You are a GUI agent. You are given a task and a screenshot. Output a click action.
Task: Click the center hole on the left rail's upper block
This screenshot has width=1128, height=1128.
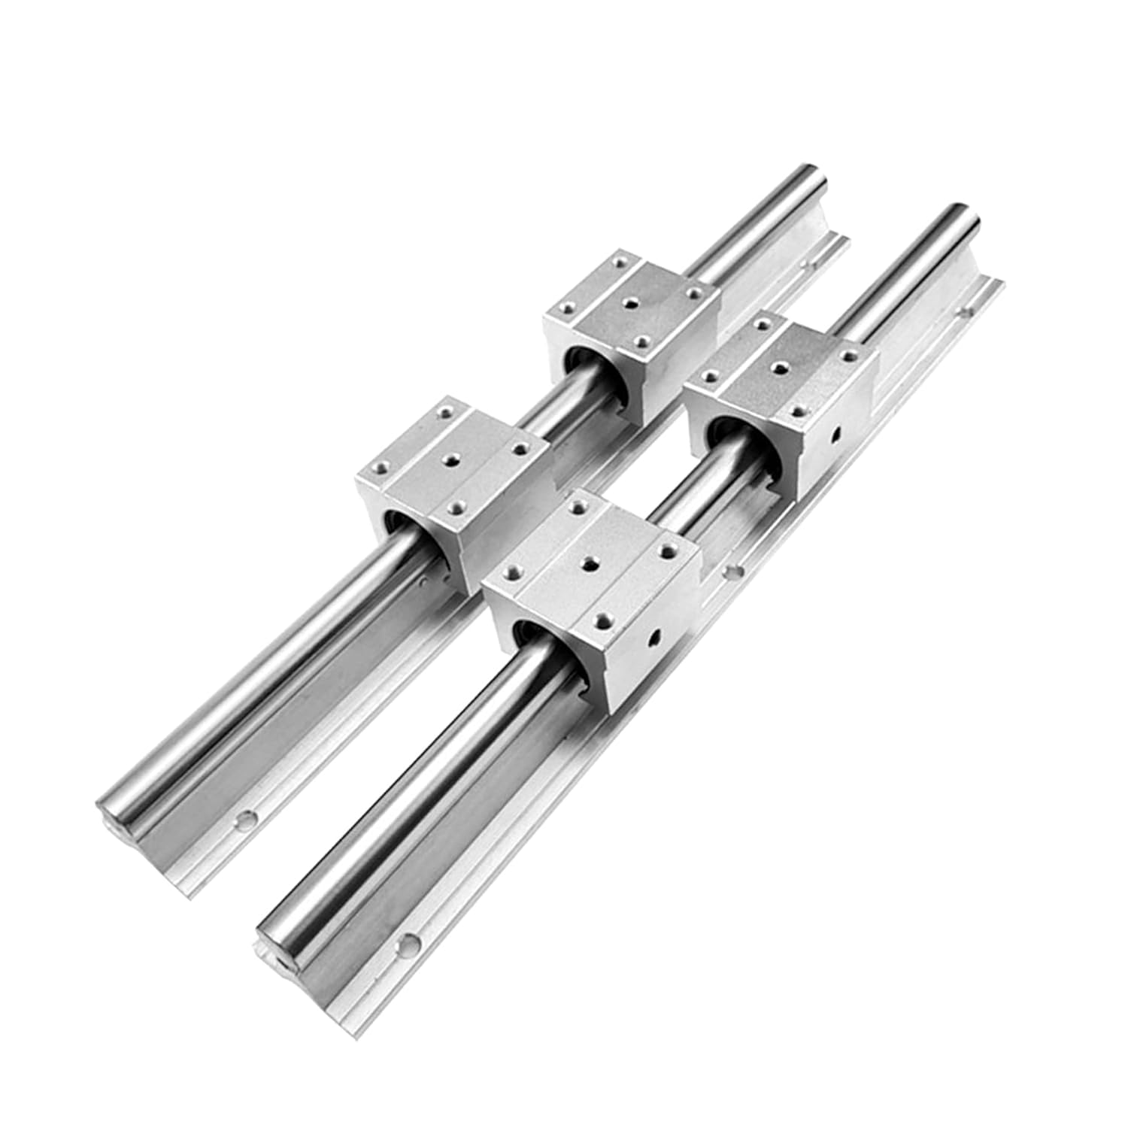tap(631, 300)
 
